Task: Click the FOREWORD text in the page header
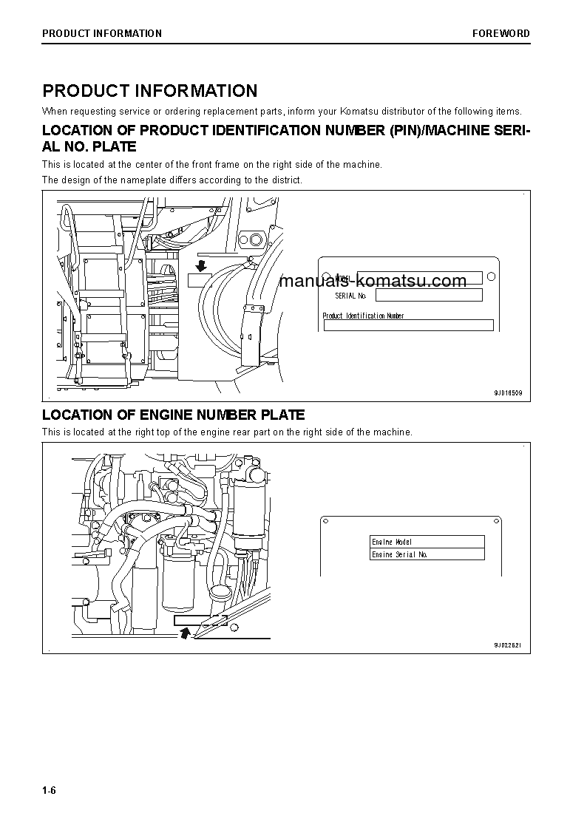point(501,33)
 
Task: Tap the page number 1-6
point(49,791)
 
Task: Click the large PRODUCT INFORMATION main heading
point(149,91)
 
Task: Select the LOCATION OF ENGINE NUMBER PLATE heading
point(173,415)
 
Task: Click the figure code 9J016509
point(508,393)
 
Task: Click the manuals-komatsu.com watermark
point(373,281)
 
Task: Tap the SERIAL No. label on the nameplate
point(350,296)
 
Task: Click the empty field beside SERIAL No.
point(429,296)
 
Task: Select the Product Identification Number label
point(363,316)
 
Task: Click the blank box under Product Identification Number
point(408,325)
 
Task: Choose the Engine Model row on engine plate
point(427,542)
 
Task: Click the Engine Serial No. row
point(427,554)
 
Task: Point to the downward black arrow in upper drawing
point(200,265)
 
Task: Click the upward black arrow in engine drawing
point(185,630)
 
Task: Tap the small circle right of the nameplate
point(492,277)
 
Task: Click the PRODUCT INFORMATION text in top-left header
point(102,33)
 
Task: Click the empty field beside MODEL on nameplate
point(419,279)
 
